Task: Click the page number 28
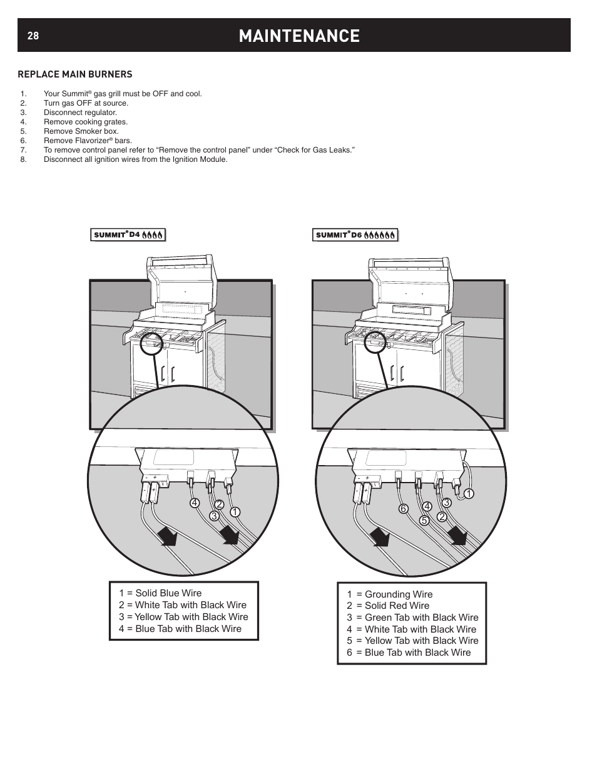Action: pyautogui.click(x=33, y=36)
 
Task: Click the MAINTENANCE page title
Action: pyautogui.click(x=299, y=36)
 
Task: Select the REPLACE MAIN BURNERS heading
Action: pyautogui.click(x=75, y=74)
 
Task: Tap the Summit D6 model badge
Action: pyautogui.click(x=355, y=235)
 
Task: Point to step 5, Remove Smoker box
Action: pyautogui.click(x=81, y=131)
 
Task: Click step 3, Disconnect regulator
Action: pyautogui.click(x=80, y=113)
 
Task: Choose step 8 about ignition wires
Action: pyautogui.click(x=135, y=159)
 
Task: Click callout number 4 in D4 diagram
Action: pyautogui.click(x=195, y=503)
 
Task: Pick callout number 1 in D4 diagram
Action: pyautogui.click(x=234, y=512)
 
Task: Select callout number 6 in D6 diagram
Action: pyautogui.click(x=404, y=509)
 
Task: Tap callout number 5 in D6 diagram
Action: pyautogui.click(x=423, y=519)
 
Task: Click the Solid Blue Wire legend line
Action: pyautogui.click(x=160, y=593)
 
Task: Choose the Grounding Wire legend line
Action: pyautogui.click(x=390, y=594)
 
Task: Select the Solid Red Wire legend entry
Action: pyautogui.click(x=388, y=606)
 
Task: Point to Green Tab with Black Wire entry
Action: pyautogui.click(x=412, y=618)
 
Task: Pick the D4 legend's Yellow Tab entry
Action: pyautogui.click(x=183, y=617)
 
